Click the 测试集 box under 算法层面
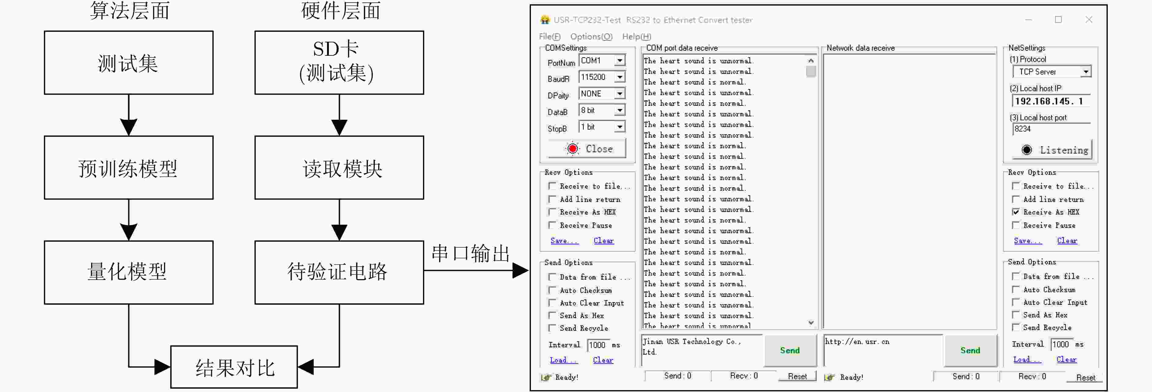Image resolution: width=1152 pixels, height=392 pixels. pos(129,62)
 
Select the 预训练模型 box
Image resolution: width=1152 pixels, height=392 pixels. pos(129,168)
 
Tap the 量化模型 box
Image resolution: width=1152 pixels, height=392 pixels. pos(129,272)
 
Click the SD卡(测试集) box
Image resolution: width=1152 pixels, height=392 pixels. pos(340,62)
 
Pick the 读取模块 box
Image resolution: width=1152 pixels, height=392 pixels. pos(340,168)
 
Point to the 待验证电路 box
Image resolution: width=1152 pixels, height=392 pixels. pos(340,272)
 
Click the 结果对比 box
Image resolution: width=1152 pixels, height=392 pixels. pos(234,367)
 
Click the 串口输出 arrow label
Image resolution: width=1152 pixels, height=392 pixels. pos(471,253)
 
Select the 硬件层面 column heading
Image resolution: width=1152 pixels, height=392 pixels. pos(341,11)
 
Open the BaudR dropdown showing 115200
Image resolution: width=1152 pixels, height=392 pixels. pos(602,77)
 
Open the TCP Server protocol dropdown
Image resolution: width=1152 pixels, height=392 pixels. pos(1052,72)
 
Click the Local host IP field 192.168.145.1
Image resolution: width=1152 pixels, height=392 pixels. pos(1051,101)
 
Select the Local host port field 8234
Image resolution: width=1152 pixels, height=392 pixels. pos(1051,129)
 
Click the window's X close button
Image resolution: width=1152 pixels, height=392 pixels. pos(1089,20)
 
